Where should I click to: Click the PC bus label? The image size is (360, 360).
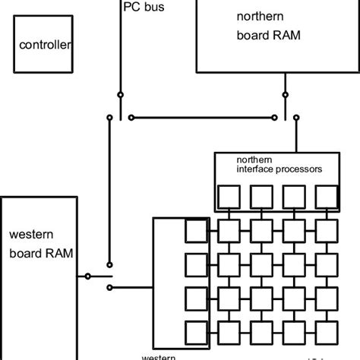click(x=143, y=8)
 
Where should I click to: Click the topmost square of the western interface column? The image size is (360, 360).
click(x=196, y=229)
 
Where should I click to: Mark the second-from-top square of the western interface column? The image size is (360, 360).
click(x=196, y=264)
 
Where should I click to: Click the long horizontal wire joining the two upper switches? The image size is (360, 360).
click(x=203, y=118)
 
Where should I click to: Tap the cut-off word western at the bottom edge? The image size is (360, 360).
click(x=161, y=355)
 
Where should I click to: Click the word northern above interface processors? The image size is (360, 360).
click(x=253, y=160)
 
